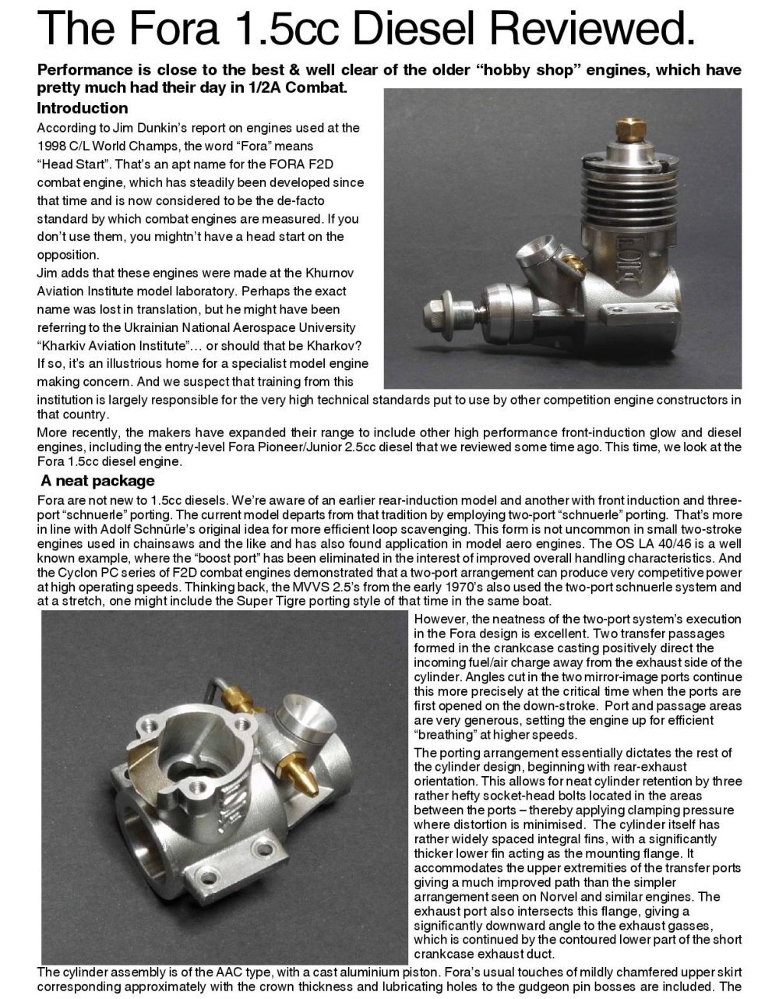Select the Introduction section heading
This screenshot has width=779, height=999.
pos(83,108)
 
